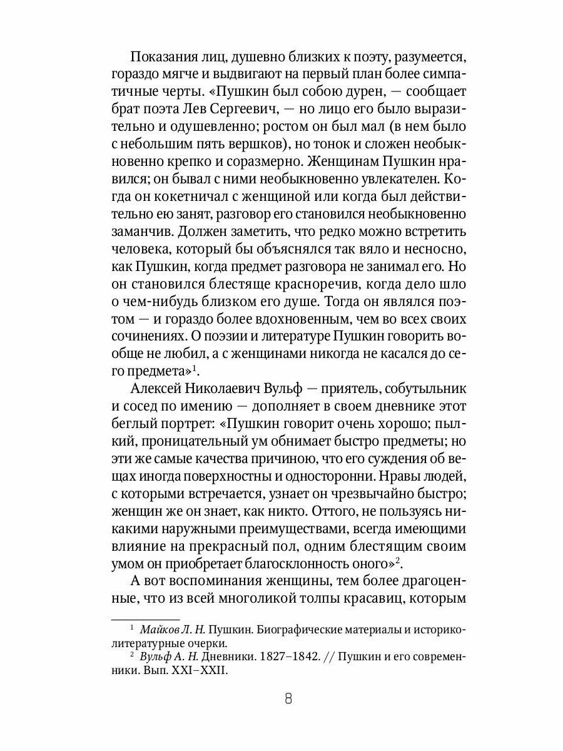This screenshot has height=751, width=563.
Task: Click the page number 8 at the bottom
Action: (x=288, y=699)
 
